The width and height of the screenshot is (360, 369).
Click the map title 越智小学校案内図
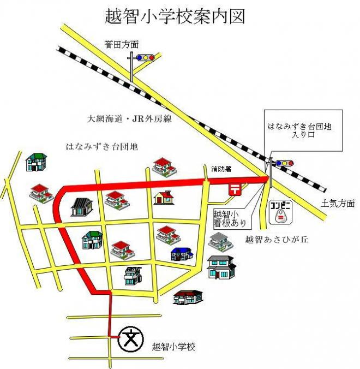[175, 17]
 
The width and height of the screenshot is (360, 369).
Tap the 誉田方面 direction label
[122, 44]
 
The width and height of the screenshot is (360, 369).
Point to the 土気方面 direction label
[338, 203]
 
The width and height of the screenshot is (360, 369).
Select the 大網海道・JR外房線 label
[129, 119]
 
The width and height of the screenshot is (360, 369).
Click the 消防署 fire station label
[221, 169]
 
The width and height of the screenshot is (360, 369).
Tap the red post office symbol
[235, 189]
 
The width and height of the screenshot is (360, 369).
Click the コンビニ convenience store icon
[281, 212]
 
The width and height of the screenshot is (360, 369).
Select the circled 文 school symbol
[131, 339]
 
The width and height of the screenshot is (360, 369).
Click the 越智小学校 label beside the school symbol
[173, 347]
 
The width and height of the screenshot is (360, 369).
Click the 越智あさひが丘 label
[277, 240]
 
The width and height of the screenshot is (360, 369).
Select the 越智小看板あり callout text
[230, 219]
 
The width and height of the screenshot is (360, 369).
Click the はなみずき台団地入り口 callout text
[299, 130]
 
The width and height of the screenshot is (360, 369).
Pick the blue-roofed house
[182, 254]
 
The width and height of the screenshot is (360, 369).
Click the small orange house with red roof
[164, 198]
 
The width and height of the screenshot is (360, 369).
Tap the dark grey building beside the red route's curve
[82, 207]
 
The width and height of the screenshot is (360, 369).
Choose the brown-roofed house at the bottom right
[188, 297]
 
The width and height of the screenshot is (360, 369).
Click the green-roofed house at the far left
[36, 162]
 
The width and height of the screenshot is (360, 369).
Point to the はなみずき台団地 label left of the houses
[102, 147]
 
